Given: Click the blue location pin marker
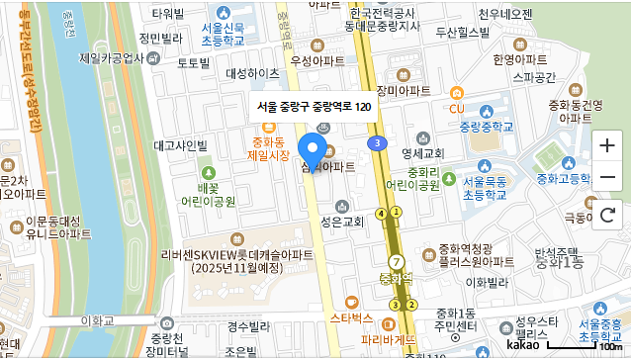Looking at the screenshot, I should pos(314,153).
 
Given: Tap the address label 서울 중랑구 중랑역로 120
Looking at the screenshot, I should pos(314,106).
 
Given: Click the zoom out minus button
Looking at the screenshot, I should pos(607,179).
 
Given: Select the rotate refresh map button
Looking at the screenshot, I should pos(607,213).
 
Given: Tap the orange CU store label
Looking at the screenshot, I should pos(456,107).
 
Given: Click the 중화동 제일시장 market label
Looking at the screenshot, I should pos(268,148).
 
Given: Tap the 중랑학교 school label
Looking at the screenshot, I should pos(487,127).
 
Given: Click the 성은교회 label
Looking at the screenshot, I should pos(342,221).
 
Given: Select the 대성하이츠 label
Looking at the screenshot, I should pos(252,73).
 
